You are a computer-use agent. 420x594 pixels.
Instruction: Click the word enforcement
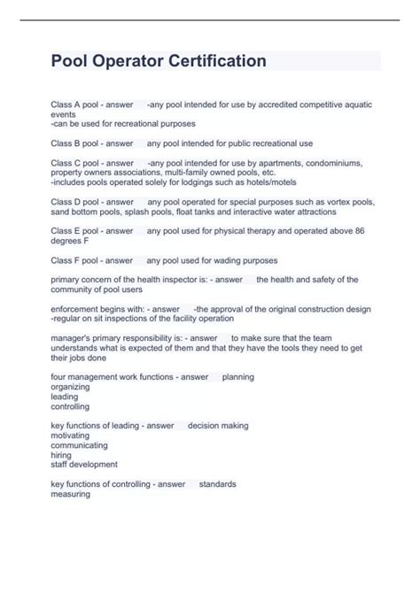[x=75, y=309]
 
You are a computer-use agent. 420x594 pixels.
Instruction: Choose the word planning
[x=238, y=376]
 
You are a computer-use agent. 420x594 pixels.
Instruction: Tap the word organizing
[x=71, y=387]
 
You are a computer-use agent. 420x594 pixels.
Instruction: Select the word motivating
[x=72, y=436]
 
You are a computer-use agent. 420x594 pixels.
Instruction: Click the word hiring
[x=63, y=455]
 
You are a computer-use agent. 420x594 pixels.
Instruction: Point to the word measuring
[x=71, y=494]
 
